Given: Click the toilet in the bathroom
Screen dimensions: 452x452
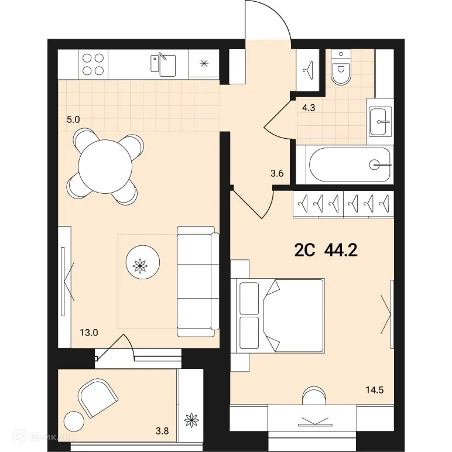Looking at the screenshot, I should (339, 70).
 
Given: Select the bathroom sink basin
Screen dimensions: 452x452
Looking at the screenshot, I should (381, 122).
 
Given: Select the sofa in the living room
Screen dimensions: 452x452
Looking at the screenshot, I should (198, 281).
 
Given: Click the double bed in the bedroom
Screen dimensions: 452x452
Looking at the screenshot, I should (279, 316).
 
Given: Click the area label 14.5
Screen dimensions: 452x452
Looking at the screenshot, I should (375, 389).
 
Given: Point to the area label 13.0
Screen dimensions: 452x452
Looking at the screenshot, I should (88, 333).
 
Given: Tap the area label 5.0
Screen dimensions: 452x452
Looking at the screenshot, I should (73, 119).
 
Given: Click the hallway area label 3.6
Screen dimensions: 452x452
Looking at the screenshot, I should (278, 173).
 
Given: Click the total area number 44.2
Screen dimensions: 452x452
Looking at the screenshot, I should (340, 251).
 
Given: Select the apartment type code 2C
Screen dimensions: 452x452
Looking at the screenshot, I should (304, 251).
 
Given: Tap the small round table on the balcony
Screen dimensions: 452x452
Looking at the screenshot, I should (74, 422).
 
